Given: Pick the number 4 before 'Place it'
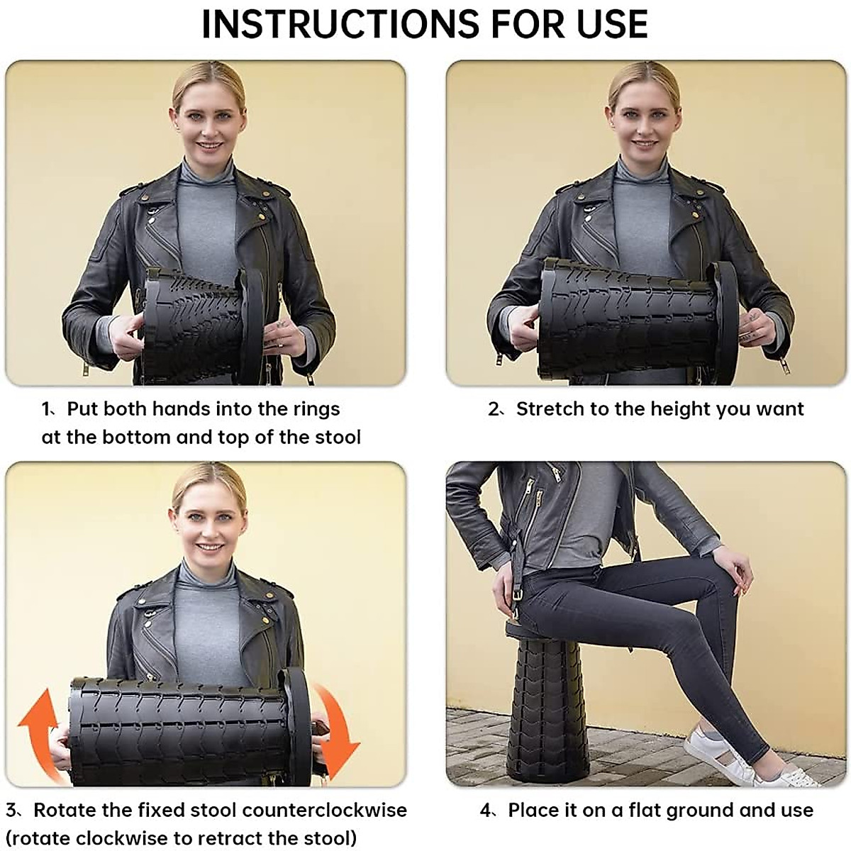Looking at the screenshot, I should pyautogui.click(x=486, y=810).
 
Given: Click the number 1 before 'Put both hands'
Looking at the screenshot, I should pyautogui.click(x=46, y=409).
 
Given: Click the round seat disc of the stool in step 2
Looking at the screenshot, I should pyautogui.click(x=725, y=323).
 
